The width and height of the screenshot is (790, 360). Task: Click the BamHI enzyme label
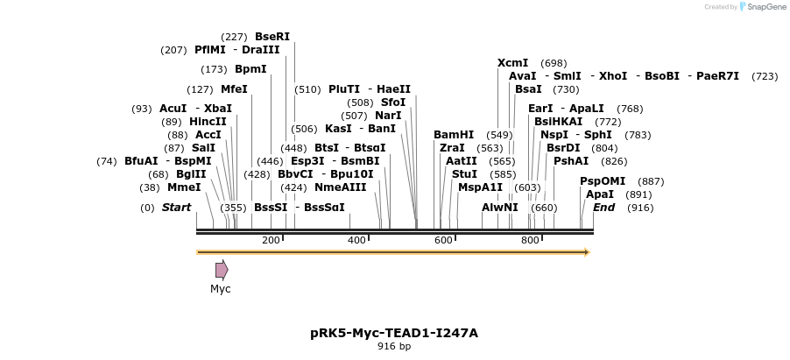(x=454, y=135)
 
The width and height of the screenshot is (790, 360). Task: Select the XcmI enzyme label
(x=512, y=63)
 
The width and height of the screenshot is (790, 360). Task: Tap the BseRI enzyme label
(x=272, y=37)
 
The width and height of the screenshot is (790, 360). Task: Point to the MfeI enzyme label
(x=234, y=89)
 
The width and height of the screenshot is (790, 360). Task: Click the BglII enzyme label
(x=191, y=174)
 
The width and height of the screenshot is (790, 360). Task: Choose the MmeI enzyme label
(x=184, y=187)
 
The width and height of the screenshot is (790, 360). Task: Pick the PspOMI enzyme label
(x=597, y=181)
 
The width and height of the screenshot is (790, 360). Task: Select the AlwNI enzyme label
(x=500, y=208)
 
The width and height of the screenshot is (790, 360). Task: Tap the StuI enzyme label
(x=465, y=174)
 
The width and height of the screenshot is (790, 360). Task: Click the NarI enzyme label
(x=388, y=116)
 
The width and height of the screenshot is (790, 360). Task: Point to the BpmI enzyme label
(x=250, y=69)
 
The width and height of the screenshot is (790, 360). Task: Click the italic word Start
(x=176, y=208)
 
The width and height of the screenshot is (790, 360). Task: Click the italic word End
(x=603, y=208)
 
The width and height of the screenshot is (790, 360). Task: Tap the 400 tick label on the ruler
(x=356, y=240)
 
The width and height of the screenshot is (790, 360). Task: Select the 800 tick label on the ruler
(x=530, y=240)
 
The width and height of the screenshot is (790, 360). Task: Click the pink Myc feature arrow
(x=222, y=270)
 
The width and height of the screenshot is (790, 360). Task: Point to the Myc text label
(x=221, y=289)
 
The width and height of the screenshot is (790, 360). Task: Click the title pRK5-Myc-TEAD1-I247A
(x=394, y=333)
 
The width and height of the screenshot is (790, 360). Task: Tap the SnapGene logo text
(x=765, y=7)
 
